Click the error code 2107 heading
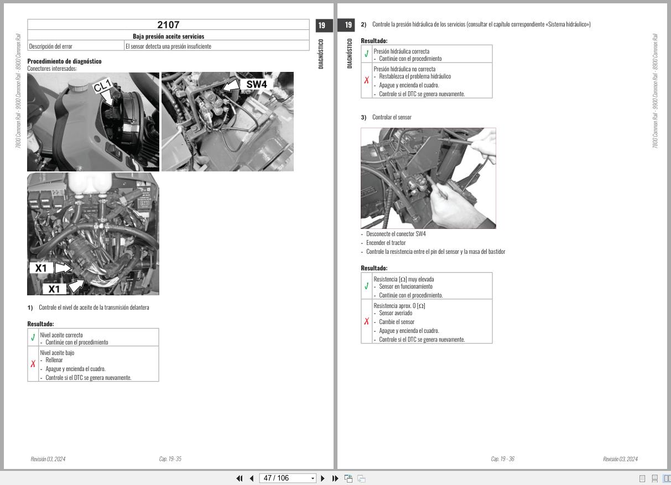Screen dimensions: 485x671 click(168, 25)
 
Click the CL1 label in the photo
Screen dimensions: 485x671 click(103, 86)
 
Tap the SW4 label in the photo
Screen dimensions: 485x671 click(256, 84)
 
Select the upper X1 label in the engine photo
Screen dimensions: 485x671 click(41, 268)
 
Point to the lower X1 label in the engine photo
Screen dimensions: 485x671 click(54, 289)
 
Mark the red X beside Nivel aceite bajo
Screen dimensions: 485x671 click(33, 364)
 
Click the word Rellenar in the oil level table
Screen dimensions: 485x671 click(54, 360)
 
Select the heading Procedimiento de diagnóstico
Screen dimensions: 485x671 click(64, 61)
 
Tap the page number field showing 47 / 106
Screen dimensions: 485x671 click(285, 478)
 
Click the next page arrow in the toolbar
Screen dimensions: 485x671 click(323, 478)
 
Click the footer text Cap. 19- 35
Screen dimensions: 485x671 click(170, 459)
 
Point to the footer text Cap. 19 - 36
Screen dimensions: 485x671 click(502, 459)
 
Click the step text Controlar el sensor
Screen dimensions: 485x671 click(392, 117)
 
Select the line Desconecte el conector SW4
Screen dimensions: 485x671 click(396, 234)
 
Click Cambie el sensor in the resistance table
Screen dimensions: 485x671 click(397, 322)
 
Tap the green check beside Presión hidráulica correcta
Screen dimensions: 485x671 click(367, 54)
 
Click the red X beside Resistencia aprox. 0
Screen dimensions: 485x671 click(367, 321)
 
